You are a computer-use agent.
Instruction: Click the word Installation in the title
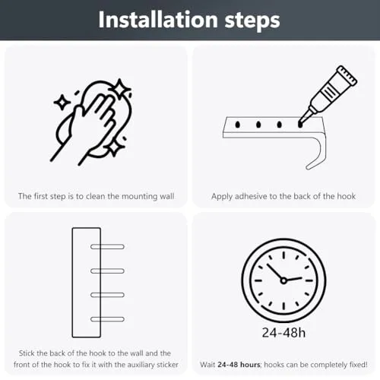click(x=158, y=20)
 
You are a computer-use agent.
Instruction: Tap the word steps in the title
click(x=252, y=21)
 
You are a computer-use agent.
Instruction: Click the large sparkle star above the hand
click(x=119, y=89)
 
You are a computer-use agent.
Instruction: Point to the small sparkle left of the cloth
click(x=62, y=103)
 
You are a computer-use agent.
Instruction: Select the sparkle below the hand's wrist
click(x=114, y=147)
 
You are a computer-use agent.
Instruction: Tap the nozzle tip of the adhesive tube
click(x=301, y=124)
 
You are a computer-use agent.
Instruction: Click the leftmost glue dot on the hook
click(x=238, y=125)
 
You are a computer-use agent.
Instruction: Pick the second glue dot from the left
click(x=258, y=125)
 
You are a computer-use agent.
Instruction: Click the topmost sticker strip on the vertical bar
click(x=107, y=247)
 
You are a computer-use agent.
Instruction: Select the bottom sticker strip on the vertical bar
click(x=107, y=319)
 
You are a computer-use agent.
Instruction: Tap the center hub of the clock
click(x=283, y=280)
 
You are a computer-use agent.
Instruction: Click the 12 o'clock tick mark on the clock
click(x=283, y=255)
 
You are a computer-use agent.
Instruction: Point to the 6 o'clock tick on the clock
click(x=283, y=306)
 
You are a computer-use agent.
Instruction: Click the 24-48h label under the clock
click(x=283, y=333)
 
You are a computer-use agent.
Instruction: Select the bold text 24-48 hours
click(x=239, y=365)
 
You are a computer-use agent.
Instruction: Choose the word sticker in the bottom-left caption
click(x=167, y=365)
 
